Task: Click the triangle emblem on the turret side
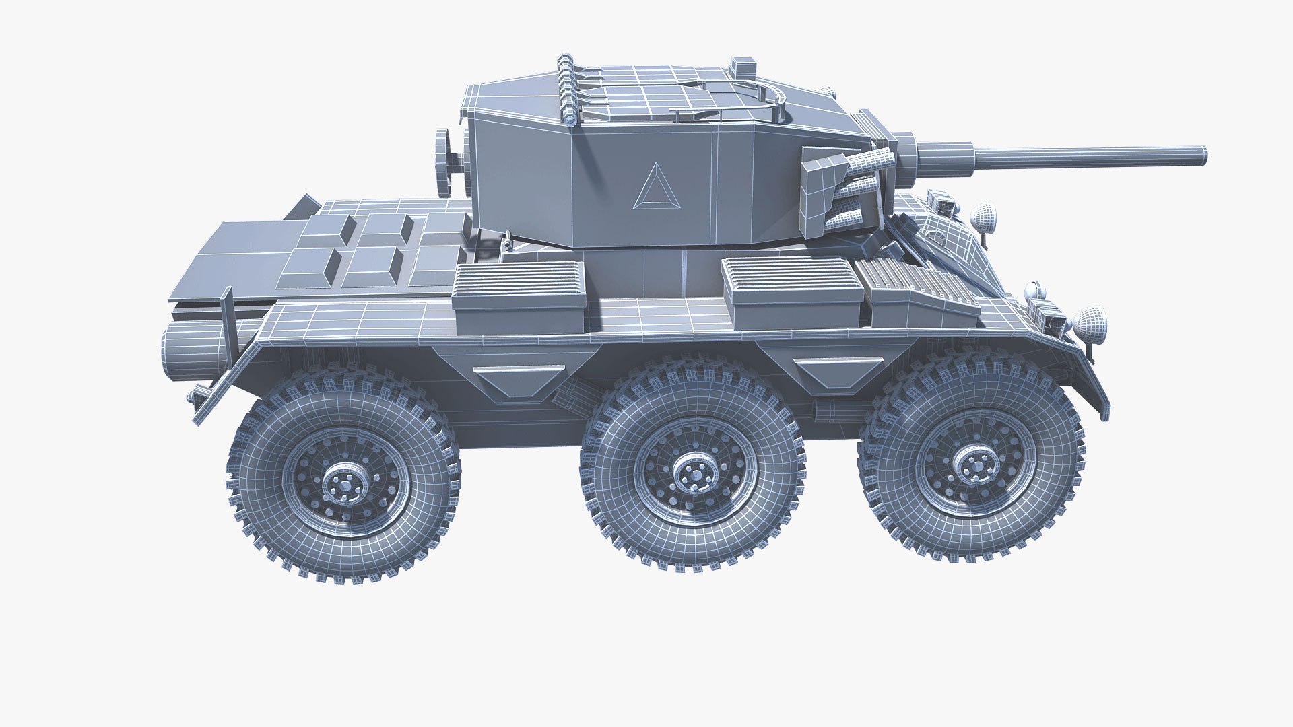[652, 187]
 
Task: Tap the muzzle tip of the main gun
[1201, 154]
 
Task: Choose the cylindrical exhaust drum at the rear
[195, 355]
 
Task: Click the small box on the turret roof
[743, 66]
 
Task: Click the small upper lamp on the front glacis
[985, 215]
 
